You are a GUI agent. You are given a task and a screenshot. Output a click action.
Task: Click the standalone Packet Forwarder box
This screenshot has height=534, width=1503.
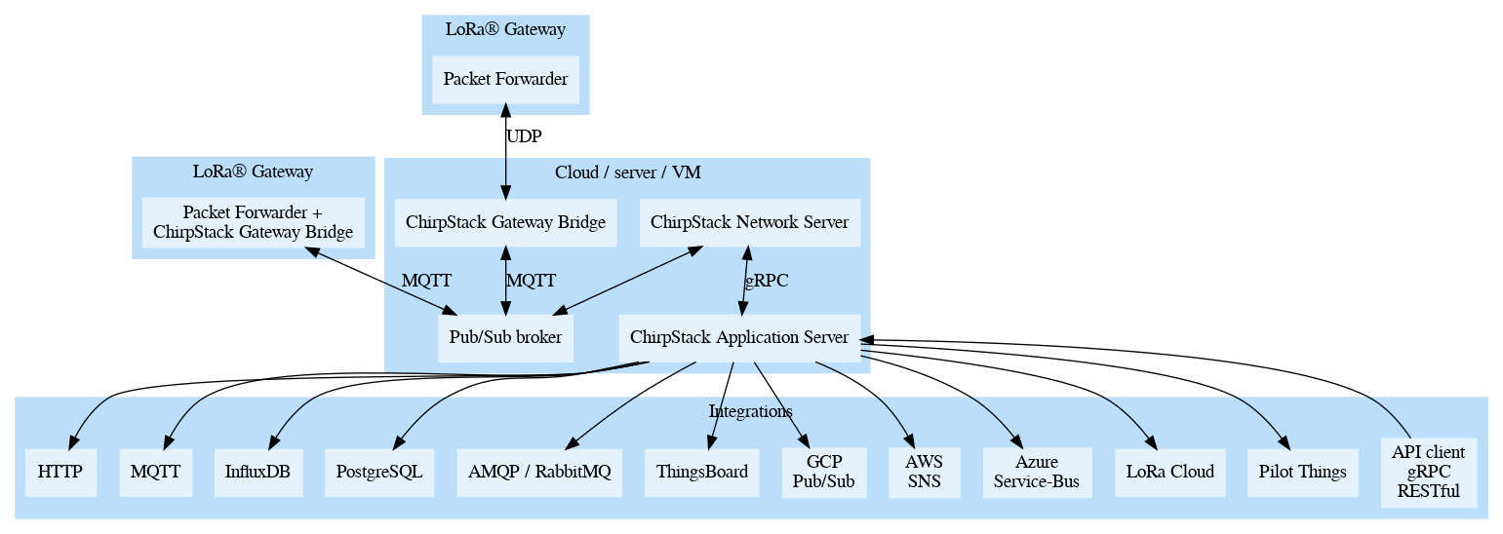[505, 79]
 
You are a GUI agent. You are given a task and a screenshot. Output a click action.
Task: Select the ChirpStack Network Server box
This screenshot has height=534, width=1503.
[749, 222]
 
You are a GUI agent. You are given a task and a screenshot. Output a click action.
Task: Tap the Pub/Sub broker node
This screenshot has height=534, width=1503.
[505, 338]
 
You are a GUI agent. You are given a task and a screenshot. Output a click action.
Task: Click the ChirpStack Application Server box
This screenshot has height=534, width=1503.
[739, 338]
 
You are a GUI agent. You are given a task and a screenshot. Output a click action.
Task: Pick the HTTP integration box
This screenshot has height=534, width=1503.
[60, 472]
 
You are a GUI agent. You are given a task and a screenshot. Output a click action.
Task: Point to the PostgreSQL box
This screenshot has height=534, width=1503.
[379, 472]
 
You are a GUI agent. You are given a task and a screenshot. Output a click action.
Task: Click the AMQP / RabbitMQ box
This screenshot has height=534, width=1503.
[539, 472]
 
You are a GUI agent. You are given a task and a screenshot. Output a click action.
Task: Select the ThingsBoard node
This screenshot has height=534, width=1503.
[702, 472]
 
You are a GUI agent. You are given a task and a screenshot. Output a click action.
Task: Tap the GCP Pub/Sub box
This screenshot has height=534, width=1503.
[824, 472]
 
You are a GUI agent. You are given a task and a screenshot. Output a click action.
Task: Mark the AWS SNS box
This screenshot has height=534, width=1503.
[924, 472]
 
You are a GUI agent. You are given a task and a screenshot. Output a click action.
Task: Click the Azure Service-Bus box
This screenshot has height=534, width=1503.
[1038, 472]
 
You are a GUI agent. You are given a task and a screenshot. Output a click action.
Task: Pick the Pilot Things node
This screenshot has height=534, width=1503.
[1302, 472]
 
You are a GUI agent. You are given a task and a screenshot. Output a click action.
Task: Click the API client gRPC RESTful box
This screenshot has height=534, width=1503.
[1428, 472]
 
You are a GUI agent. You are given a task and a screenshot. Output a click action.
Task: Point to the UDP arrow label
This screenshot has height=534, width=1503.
[524, 136]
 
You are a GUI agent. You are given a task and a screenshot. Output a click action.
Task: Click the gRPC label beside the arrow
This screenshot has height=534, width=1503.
[767, 281]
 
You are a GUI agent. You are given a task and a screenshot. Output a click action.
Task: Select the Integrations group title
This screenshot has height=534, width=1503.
[750, 411]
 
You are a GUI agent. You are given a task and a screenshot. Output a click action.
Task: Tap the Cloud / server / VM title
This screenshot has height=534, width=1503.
[627, 172]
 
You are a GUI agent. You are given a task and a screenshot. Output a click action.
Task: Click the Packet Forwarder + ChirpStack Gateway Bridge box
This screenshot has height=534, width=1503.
[253, 222]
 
